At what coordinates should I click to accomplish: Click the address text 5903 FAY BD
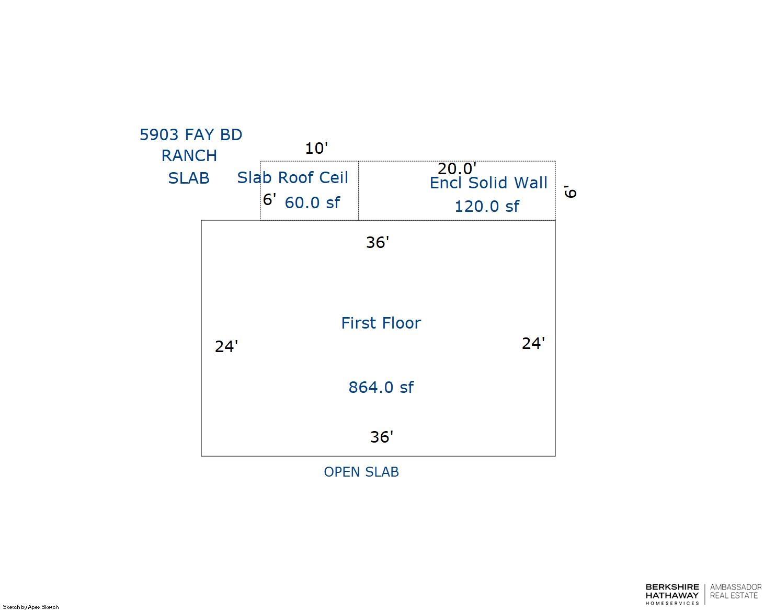191,135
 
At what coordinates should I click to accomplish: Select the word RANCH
189,156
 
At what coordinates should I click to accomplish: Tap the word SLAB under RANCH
189,178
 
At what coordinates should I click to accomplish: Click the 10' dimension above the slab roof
316,149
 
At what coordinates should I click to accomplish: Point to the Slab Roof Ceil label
292,178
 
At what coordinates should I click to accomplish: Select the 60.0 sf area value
312,202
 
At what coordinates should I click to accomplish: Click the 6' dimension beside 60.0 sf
269,199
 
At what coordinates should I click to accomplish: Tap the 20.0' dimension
457,168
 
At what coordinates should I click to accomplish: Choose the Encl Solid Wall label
488,183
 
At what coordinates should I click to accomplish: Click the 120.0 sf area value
486,207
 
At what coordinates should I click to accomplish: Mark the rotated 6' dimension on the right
571,191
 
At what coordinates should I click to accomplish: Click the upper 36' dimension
377,242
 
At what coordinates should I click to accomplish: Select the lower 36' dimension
381,437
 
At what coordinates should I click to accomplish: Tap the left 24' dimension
226,346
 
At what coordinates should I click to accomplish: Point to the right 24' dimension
533,343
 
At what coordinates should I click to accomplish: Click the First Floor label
381,323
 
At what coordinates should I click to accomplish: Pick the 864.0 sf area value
381,388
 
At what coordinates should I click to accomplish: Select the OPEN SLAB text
361,472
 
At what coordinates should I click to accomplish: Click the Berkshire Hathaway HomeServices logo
672,594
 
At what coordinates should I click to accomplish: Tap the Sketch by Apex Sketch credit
31,607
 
